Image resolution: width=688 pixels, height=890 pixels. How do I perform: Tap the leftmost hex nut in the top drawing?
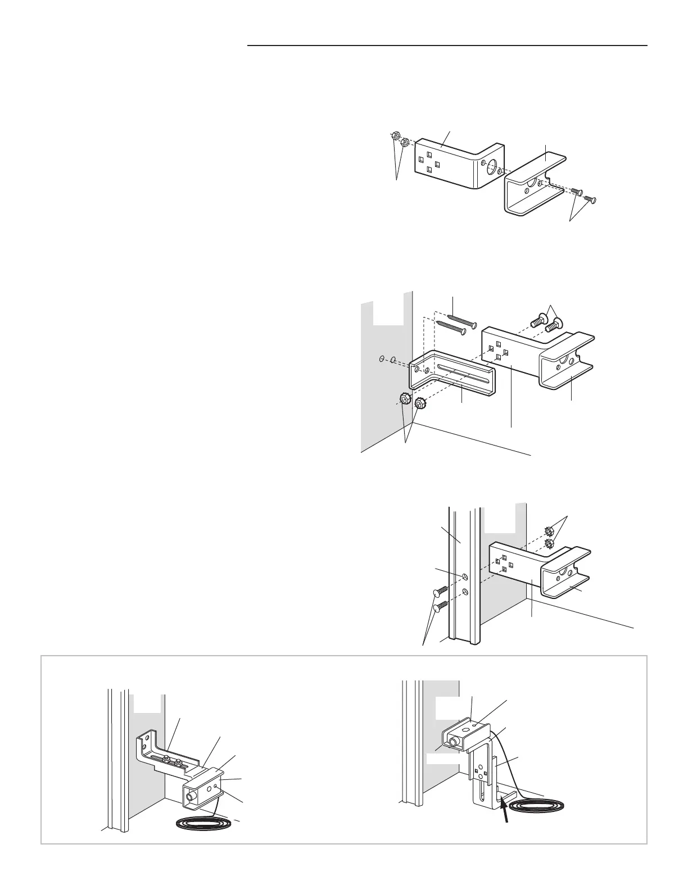[395, 136]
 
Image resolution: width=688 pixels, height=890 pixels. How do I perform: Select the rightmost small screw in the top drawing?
[590, 199]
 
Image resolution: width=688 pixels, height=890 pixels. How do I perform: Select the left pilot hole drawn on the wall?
[382, 358]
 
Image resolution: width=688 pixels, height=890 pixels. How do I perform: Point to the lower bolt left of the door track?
[439, 606]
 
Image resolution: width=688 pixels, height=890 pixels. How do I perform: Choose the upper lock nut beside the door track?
[549, 531]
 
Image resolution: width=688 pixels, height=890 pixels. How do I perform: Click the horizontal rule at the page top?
[447, 46]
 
